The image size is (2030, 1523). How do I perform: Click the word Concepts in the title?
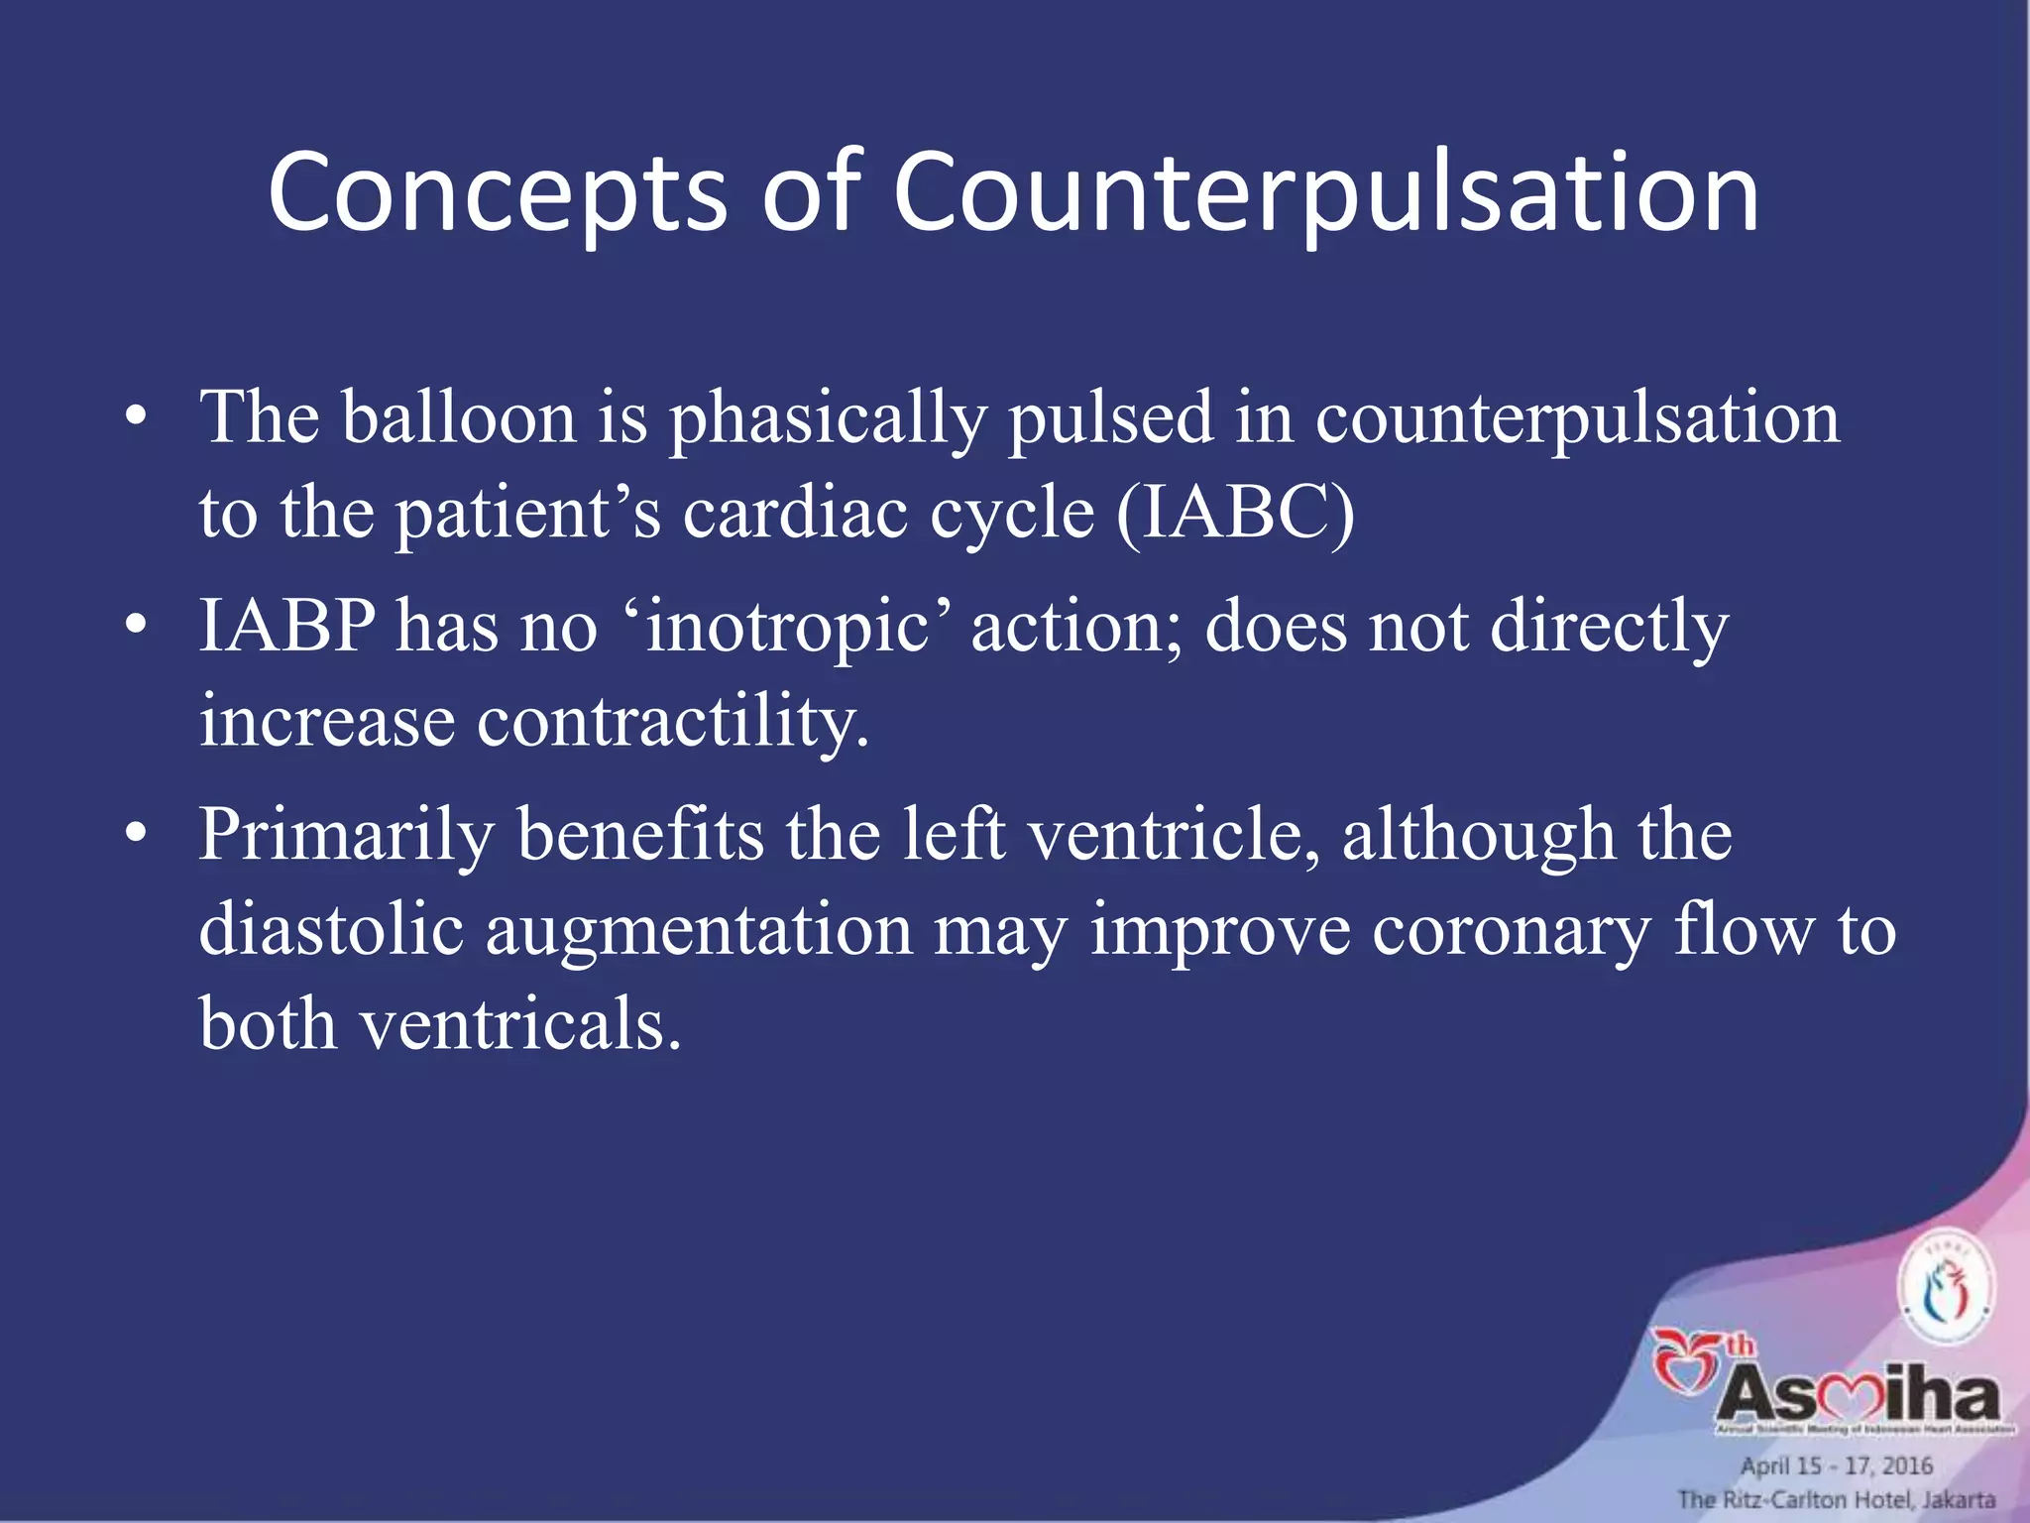tap(497, 194)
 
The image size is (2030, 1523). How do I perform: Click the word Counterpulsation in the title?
tap(1325, 194)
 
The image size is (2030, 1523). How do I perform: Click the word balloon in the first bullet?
tap(459, 416)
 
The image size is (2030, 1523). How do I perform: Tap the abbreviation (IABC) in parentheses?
tap(1234, 513)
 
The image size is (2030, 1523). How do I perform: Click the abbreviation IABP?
tap(286, 626)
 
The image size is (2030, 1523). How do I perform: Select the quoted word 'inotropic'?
tap(787, 628)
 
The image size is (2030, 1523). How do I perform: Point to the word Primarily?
tap(346, 835)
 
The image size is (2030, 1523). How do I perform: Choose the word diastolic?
tap(331, 929)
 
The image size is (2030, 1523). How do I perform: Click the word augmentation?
tap(699, 931)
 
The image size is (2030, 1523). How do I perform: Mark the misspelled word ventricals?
tap(519, 1023)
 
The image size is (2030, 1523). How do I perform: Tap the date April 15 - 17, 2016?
tap(1837, 1465)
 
